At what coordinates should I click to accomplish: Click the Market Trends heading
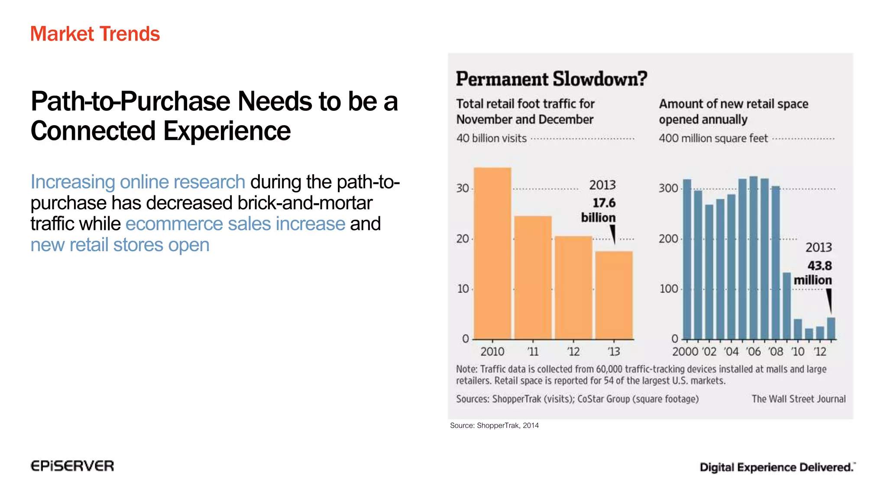click(95, 34)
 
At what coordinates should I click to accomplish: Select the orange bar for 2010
click(492, 253)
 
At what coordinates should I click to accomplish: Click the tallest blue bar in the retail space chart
click(754, 258)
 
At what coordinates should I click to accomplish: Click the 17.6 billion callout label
click(599, 210)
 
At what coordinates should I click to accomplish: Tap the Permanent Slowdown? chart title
click(551, 79)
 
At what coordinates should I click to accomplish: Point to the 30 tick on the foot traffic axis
click(463, 188)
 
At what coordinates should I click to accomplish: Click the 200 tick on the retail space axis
click(668, 239)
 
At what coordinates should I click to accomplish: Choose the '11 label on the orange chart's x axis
click(533, 351)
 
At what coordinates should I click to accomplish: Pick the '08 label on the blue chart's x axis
click(776, 351)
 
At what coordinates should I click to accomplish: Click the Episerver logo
click(72, 466)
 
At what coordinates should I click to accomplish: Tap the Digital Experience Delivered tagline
click(777, 467)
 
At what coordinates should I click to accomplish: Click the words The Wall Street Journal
click(798, 399)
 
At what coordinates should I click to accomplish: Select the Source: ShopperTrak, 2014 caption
click(494, 425)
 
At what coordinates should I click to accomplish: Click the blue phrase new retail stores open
click(120, 245)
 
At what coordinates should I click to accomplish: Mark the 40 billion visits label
click(491, 138)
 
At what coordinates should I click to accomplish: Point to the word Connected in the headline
click(93, 131)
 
